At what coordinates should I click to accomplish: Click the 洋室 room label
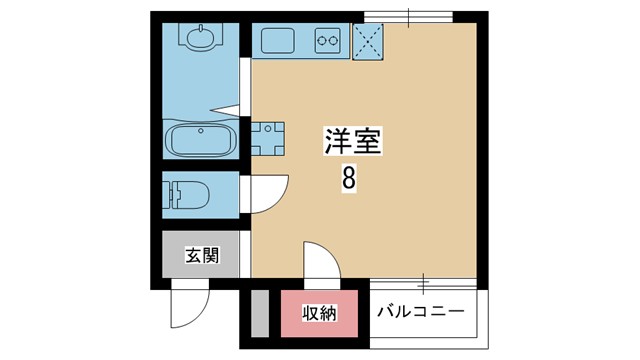click(353, 141)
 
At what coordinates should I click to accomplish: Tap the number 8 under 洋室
click(349, 178)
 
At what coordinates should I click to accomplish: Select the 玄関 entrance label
click(202, 256)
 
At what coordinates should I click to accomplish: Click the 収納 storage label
click(320, 313)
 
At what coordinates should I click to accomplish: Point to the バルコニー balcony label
click(421, 312)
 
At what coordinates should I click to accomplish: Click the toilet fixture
click(186, 195)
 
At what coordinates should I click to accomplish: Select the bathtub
click(200, 140)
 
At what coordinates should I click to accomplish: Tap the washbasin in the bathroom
click(200, 37)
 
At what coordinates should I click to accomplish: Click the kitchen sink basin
click(278, 40)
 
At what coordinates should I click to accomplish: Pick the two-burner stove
click(328, 40)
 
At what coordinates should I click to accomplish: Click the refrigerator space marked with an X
click(368, 42)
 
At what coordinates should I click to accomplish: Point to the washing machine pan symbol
click(268, 139)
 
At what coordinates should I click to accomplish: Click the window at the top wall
click(409, 17)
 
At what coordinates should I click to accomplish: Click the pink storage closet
click(319, 313)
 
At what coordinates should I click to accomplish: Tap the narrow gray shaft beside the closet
click(260, 313)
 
